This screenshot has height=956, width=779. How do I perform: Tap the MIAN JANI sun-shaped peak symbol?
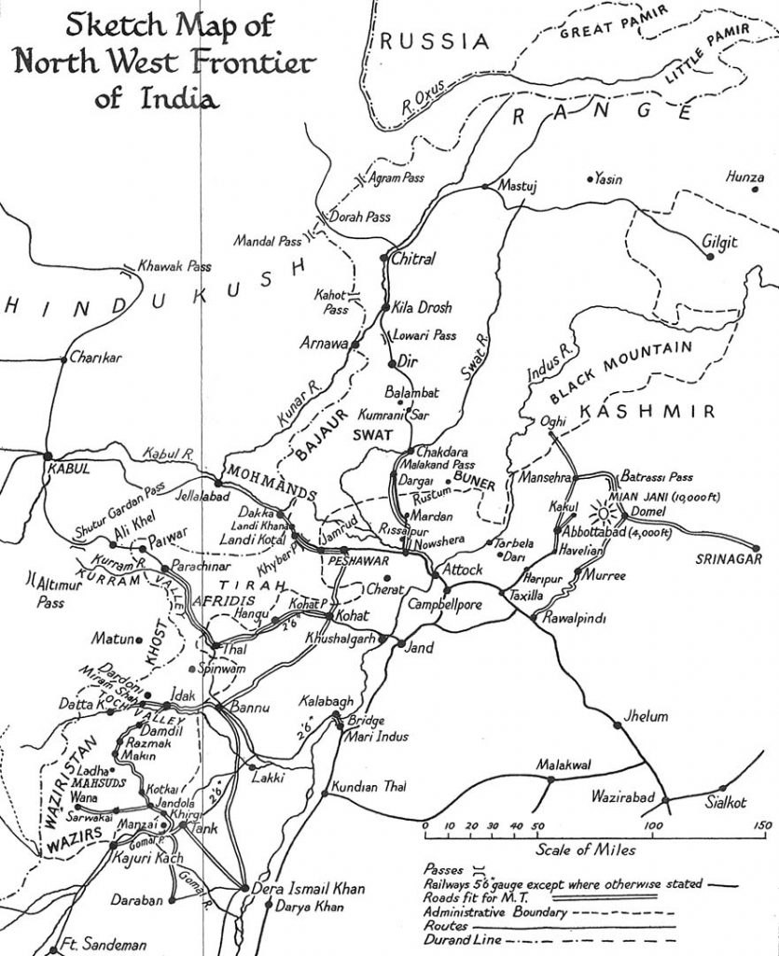[604, 513]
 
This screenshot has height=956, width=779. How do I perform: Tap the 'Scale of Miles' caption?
[585, 850]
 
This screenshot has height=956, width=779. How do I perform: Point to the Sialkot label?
[724, 802]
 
